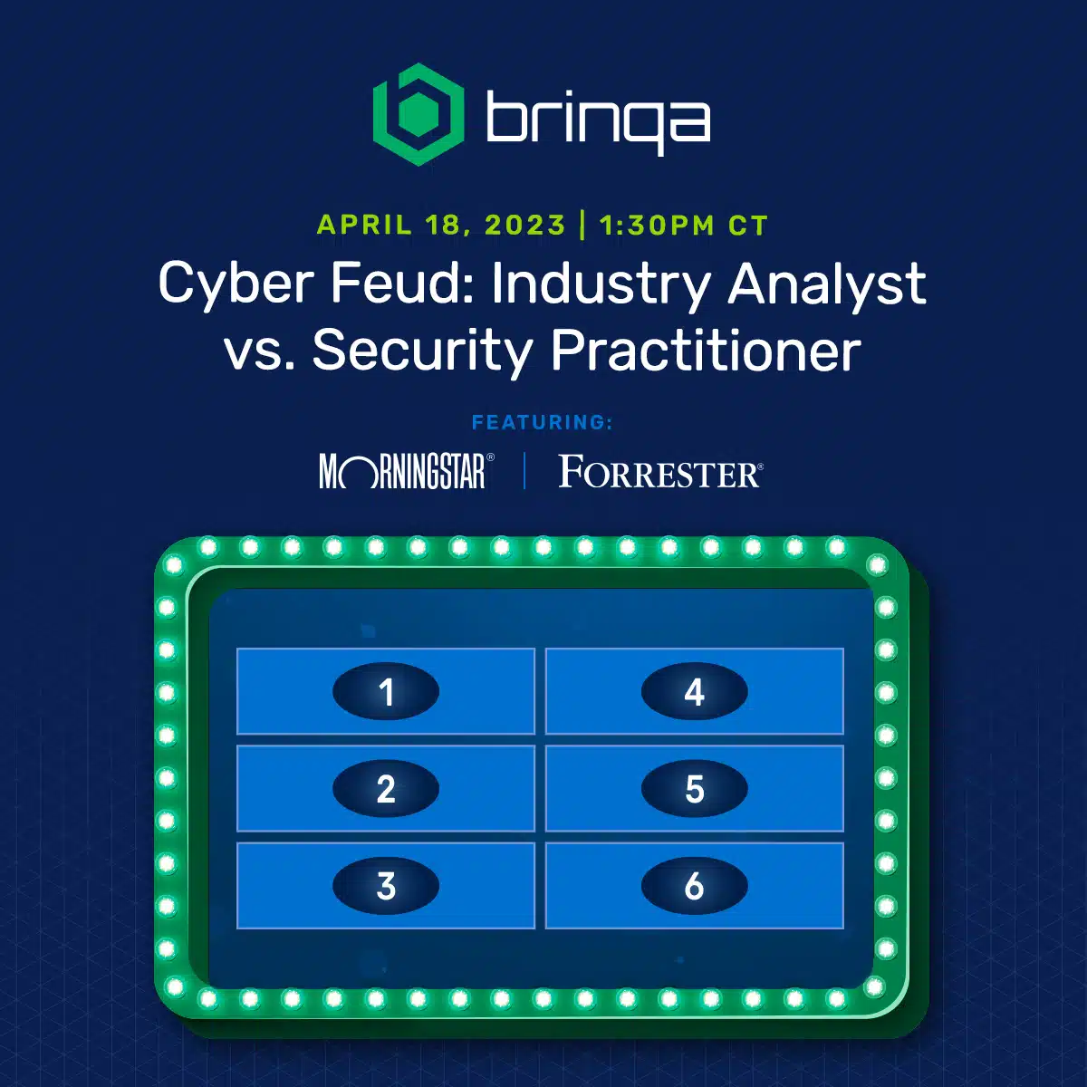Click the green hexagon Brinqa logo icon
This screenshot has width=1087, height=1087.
(418, 114)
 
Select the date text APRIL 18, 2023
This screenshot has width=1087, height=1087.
(440, 225)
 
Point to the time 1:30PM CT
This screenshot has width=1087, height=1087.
(684, 225)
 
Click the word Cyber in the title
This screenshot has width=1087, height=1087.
(236, 284)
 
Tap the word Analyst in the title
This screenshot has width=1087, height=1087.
(827, 284)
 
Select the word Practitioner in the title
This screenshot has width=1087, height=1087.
(707, 351)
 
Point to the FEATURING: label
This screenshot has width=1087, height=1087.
(542, 422)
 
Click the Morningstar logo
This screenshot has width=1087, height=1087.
(407, 471)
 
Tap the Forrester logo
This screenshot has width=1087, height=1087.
(661, 472)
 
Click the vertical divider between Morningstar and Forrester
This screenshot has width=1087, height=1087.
(525, 471)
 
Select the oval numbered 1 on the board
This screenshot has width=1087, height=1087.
(386, 691)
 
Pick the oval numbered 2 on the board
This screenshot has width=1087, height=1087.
(386, 789)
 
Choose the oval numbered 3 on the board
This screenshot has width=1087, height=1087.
(386, 886)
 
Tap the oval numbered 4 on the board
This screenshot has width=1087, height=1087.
(695, 691)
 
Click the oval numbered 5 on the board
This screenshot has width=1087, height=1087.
(695, 789)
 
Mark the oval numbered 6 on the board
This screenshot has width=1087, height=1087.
(695, 886)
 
